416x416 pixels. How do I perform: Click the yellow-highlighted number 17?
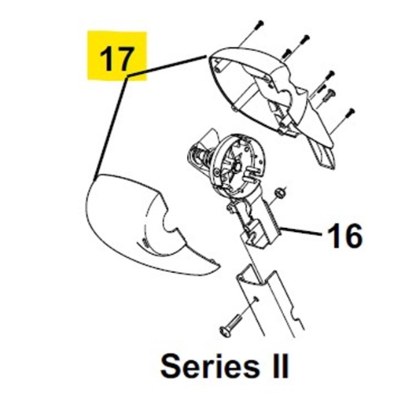click(x=116, y=59)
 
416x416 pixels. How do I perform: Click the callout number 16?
click(x=344, y=235)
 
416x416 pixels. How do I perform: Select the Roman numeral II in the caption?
click(x=280, y=366)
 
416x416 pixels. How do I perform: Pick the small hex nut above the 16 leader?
click(x=280, y=192)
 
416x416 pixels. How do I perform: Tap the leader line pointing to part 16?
click(x=301, y=232)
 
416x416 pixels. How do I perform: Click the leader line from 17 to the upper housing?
click(x=167, y=66)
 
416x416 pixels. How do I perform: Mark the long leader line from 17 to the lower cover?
click(x=111, y=126)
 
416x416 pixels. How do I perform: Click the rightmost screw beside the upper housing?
click(x=351, y=112)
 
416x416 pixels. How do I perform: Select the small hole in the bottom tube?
click(x=255, y=299)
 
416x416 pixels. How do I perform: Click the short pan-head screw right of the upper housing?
click(x=330, y=94)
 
